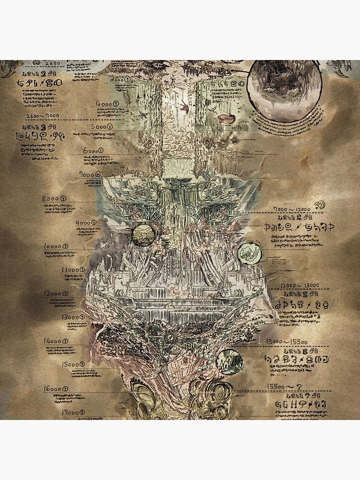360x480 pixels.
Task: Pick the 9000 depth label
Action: point(86,222)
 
